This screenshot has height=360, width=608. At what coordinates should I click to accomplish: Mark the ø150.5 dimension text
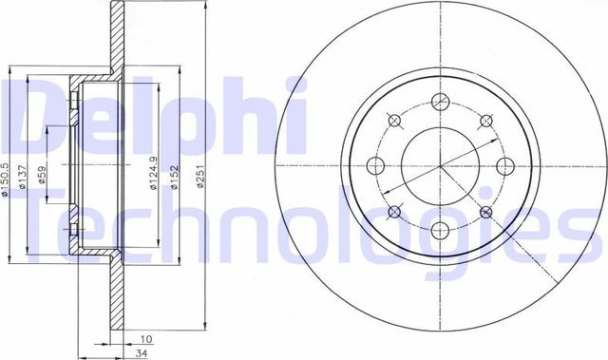(x=7, y=178)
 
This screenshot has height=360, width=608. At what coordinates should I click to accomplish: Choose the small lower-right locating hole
(x=487, y=211)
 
